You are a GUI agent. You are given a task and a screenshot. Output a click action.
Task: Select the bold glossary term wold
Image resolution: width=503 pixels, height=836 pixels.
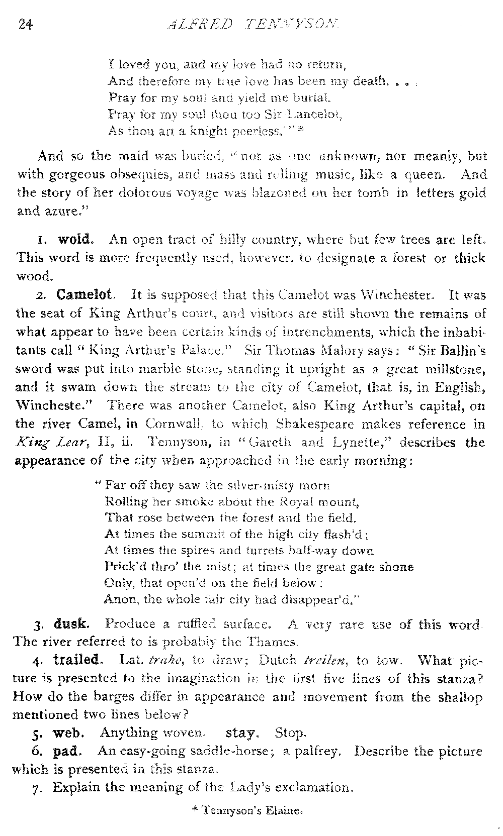[74, 239]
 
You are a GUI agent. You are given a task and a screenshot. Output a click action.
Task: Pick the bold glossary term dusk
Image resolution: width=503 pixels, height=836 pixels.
[71, 624]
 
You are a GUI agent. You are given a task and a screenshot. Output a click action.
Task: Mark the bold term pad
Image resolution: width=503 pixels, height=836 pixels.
[65, 752]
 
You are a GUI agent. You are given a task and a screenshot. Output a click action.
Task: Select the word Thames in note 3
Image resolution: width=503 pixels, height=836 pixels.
[280, 642]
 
